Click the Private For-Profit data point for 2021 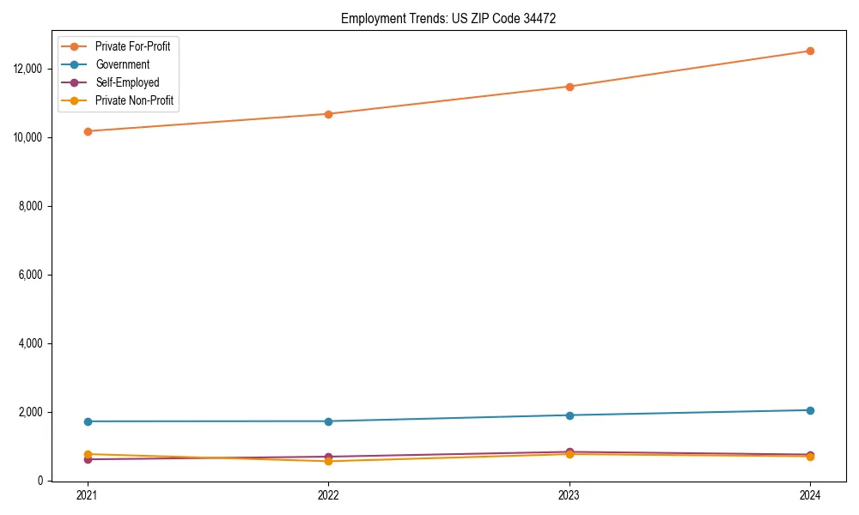(x=88, y=131)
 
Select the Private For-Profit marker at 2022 (x=328, y=114)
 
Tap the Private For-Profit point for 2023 (x=570, y=87)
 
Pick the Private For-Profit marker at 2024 (x=810, y=51)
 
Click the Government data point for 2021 (x=88, y=421)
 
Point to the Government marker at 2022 (x=328, y=421)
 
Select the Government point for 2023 (x=570, y=415)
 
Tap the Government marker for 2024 (x=810, y=410)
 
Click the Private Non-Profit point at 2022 (x=328, y=462)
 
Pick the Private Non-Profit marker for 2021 (x=88, y=454)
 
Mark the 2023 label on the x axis (x=570, y=495)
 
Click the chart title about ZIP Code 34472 (x=448, y=18)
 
